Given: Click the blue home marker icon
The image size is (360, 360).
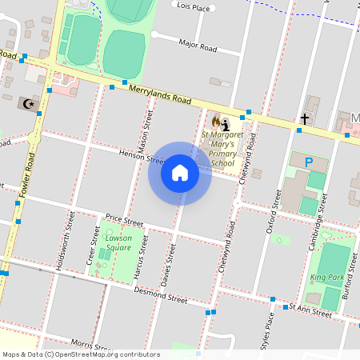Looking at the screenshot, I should (180, 174).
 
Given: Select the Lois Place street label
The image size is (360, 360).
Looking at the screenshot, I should (193, 7).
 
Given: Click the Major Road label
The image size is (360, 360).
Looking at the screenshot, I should (198, 46).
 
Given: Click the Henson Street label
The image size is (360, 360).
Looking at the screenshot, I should (141, 156).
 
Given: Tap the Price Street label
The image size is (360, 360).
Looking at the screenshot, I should (124, 221).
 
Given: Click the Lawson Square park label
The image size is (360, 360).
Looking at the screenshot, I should (118, 242).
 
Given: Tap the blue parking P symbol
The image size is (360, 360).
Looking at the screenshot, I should (309, 162).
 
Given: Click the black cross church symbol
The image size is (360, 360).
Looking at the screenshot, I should (304, 119).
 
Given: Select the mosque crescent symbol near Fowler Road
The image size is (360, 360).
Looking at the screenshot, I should (30, 104).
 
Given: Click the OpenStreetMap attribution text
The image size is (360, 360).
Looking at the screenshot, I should (80, 354).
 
